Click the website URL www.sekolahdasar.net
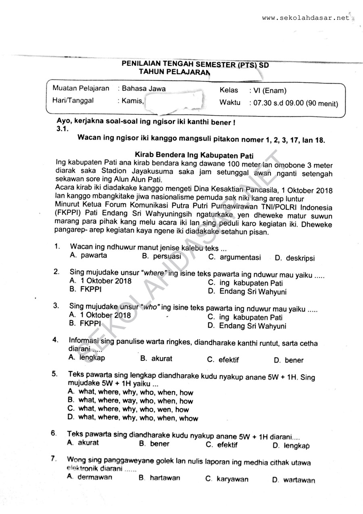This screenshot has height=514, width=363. tap(305, 18)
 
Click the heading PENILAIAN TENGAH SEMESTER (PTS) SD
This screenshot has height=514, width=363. tap(195, 65)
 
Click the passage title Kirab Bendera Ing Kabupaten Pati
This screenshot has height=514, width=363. tap(196, 155)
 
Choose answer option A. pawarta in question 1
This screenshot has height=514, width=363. tap(88, 255)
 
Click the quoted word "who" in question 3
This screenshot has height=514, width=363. tap(150, 307)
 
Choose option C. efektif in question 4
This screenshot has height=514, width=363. tap(223, 360)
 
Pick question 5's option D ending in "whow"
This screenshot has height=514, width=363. tap(133, 418)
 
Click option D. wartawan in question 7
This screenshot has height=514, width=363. tap(294, 480)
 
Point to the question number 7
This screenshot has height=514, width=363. tap(53, 459)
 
